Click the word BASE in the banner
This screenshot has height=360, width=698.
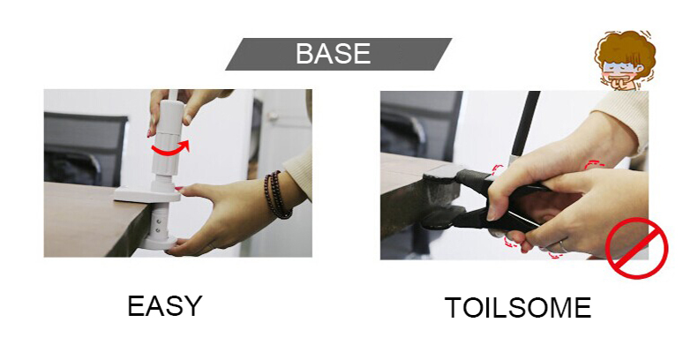[x=333, y=54]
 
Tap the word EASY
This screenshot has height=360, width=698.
[x=165, y=305]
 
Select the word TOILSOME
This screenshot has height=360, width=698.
[x=518, y=307]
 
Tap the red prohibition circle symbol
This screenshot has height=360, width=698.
[x=636, y=248]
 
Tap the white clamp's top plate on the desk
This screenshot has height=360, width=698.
[x=147, y=194]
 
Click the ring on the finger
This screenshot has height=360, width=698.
[x=563, y=245]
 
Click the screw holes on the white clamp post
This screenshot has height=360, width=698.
[x=157, y=225]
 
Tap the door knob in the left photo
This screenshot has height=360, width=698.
[x=273, y=116]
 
